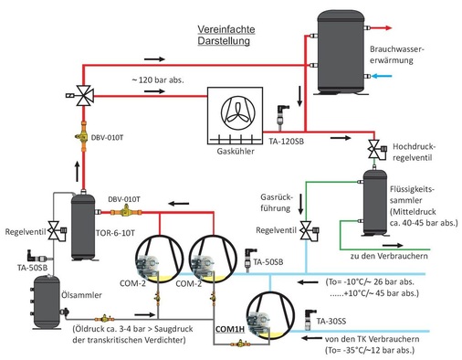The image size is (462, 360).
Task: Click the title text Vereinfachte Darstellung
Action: [226, 36]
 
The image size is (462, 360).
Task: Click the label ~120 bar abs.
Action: [163, 81]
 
